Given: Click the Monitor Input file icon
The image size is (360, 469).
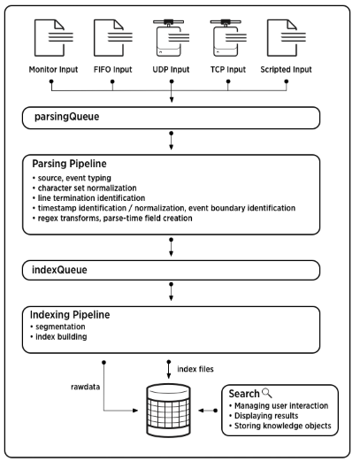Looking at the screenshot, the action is point(53,38).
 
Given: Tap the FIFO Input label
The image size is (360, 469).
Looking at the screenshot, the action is point(112,69).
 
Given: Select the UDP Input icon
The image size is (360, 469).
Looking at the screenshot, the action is point(171,38).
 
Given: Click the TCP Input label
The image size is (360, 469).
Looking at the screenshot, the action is point(228,69).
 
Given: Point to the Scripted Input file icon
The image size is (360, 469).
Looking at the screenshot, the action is point(287,38).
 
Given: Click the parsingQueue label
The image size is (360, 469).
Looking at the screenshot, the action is point(66,117).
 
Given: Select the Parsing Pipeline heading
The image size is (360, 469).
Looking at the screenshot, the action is point(69,164).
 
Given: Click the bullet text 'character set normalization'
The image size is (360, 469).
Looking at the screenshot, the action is point(87,188).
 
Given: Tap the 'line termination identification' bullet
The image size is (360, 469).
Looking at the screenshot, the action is point(91,198).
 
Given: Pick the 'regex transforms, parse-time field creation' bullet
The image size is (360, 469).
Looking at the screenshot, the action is point(115,218).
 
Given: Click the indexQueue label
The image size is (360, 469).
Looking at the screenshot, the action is point(59,270).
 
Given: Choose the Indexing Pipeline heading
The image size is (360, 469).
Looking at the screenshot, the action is point(70,315).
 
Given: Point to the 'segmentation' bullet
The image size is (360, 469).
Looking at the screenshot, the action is point(60,327).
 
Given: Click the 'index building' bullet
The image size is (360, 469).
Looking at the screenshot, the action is point(61,337).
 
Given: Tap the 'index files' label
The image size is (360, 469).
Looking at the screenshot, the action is point(195,369).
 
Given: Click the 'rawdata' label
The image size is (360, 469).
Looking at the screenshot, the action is point(85,387).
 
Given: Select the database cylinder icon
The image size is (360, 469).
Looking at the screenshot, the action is point(168,411).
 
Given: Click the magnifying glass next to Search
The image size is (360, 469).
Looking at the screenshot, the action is point(267,393).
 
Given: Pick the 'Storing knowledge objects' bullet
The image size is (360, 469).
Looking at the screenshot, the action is point(282,426).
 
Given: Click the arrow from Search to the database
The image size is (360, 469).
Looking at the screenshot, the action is point(208,411).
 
